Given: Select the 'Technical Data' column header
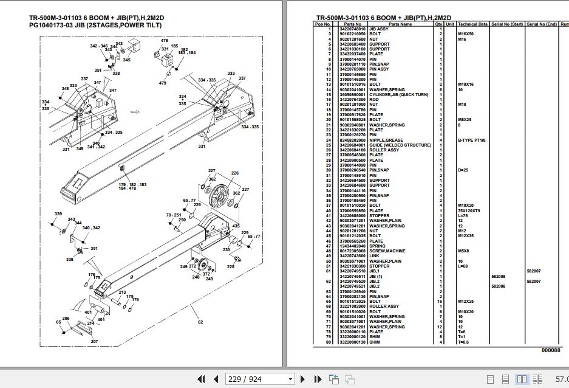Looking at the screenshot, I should tap(472, 24).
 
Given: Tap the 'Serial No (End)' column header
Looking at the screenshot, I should tap(542, 24).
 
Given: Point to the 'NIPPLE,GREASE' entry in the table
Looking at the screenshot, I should tap(386, 140).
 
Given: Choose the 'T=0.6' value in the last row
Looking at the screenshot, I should tap(464, 342).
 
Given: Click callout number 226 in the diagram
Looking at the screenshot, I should tap(234, 174).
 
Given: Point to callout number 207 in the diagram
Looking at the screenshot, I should tap(94, 341).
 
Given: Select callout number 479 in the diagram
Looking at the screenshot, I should tap(162, 83).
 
